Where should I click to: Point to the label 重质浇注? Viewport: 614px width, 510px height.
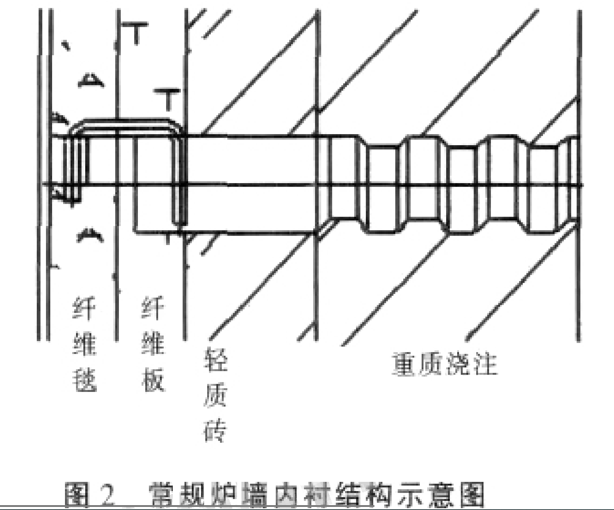445,365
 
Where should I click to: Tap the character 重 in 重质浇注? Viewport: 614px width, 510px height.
404,365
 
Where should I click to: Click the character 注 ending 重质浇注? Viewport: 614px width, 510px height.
485,365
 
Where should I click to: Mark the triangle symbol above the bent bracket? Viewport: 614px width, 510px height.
90,79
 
